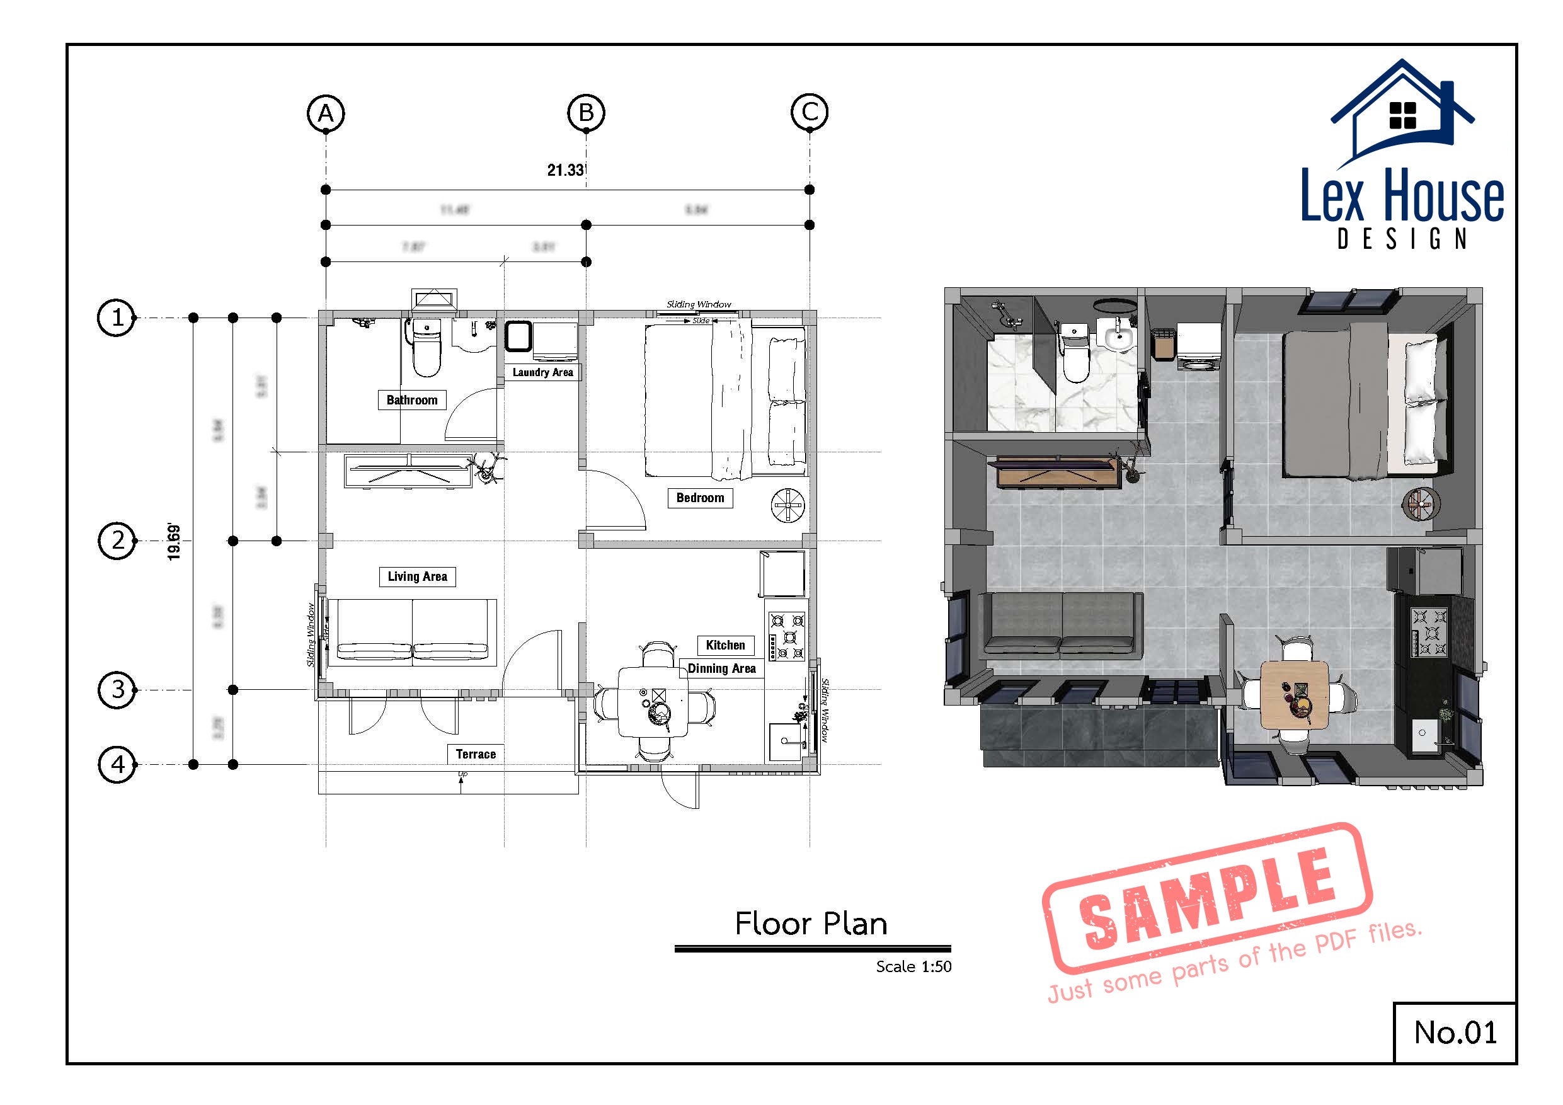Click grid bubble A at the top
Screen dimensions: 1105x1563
pyautogui.click(x=326, y=113)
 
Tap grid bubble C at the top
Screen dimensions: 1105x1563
pyautogui.click(x=810, y=112)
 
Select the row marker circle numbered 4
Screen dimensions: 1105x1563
pyautogui.click(x=117, y=765)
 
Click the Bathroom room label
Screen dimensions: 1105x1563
pyautogui.click(x=412, y=399)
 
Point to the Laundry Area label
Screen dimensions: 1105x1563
pyautogui.click(x=542, y=372)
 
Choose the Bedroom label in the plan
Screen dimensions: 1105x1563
pyautogui.click(x=700, y=498)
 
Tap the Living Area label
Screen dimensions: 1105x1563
pyautogui.click(x=417, y=576)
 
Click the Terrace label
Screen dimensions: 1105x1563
pyautogui.click(x=475, y=753)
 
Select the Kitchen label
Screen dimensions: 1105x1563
pyautogui.click(x=725, y=644)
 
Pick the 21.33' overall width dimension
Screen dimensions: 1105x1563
pyautogui.click(x=566, y=170)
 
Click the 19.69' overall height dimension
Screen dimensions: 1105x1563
pyautogui.click(x=175, y=542)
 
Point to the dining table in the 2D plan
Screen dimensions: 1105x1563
pyautogui.click(x=653, y=701)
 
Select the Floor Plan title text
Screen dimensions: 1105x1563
pyautogui.click(x=811, y=924)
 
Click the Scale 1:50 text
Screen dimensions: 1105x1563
pyautogui.click(x=913, y=966)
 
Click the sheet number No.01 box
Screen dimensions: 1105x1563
pyautogui.click(x=1455, y=1032)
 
